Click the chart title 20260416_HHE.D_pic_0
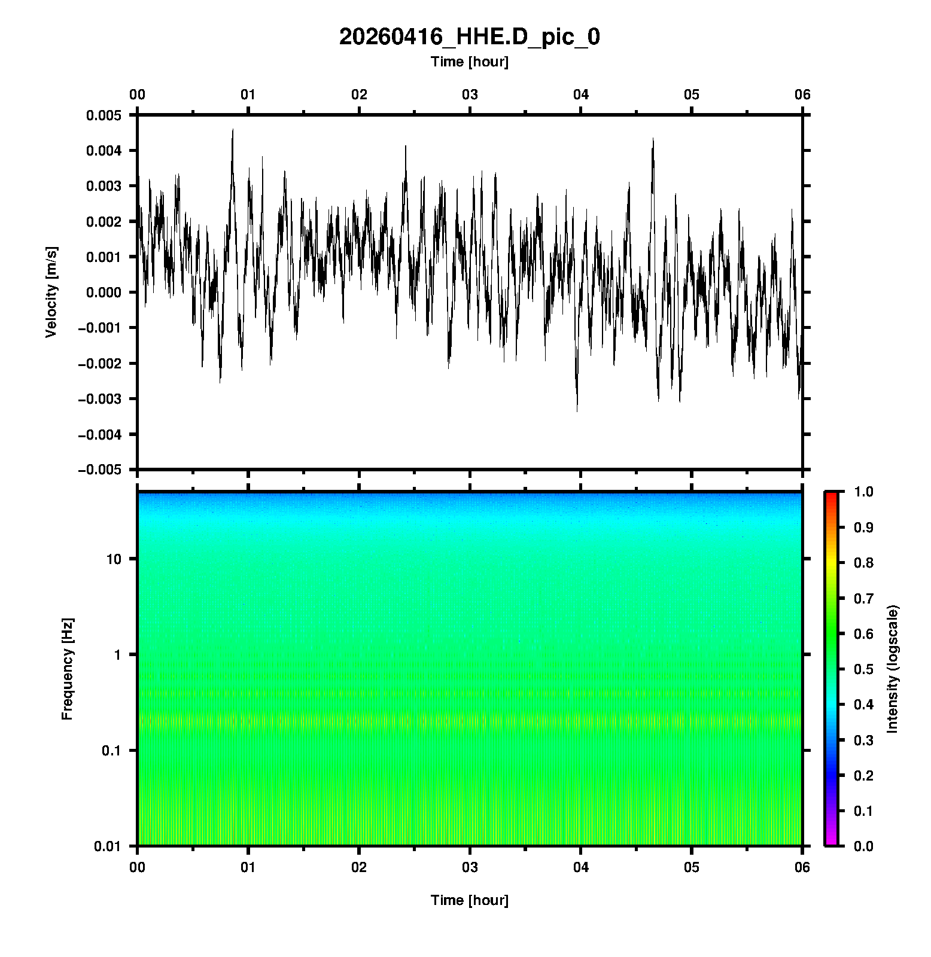click(x=469, y=37)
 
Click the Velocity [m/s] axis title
click(x=51, y=292)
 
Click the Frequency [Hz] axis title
click(x=67, y=669)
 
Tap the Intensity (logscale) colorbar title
click(x=893, y=669)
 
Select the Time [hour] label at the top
click(x=469, y=62)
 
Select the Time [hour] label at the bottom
click(x=469, y=900)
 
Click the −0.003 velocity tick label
click(x=99, y=399)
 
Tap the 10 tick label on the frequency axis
click(x=114, y=559)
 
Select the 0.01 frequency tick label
click(x=108, y=846)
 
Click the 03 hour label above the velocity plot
click(x=470, y=95)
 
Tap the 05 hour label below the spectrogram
click(x=691, y=867)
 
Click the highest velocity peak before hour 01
click(x=233, y=130)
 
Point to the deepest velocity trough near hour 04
click(x=577, y=410)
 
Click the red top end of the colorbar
click(x=830, y=495)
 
